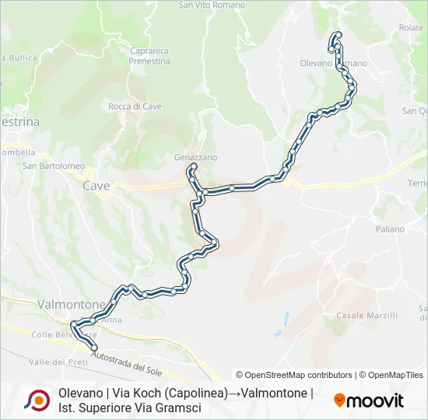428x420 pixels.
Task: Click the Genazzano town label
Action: coord(195,156)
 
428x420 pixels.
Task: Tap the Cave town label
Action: coord(96,186)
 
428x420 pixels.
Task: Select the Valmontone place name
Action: coord(72,304)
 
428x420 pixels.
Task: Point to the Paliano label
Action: coord(390,229)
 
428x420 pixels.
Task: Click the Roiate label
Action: coord(411,27)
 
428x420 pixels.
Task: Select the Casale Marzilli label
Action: coord(367,315)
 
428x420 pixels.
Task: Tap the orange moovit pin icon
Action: coord(339,401)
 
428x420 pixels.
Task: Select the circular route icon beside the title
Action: coord(36,401)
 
